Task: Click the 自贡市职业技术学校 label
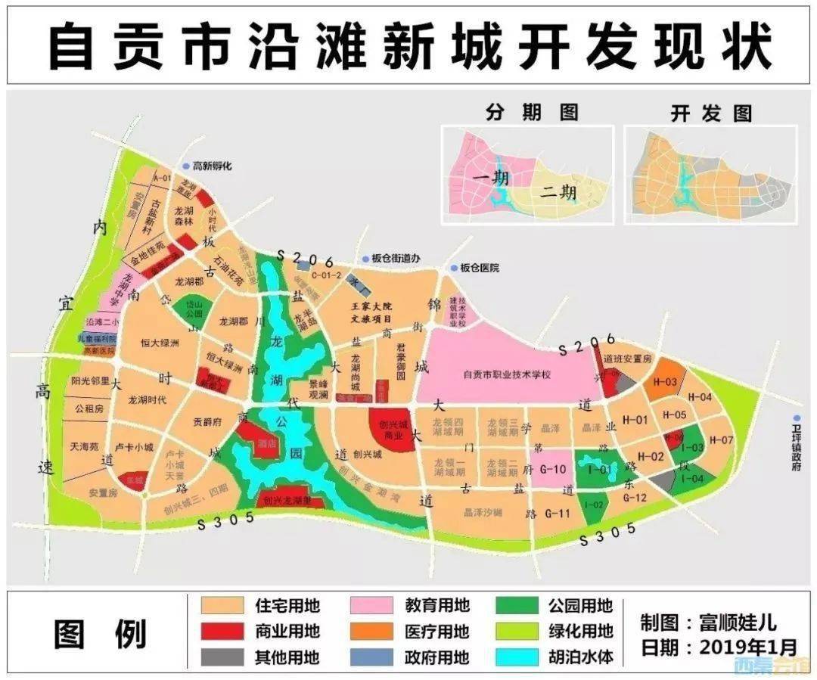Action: (x=508, y=375)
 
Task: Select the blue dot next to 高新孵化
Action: (x=185, y=166)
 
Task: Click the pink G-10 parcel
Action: (x=554, y=469)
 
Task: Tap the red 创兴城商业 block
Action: (x=392, y=429)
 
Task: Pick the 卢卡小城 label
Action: (x=133, y=447)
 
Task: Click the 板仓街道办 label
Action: (x=401, y=258)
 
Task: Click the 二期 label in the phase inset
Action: (x=558, y=191)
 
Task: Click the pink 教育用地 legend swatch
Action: (x=371, y=605)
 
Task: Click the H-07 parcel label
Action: (x=722, y=440)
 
